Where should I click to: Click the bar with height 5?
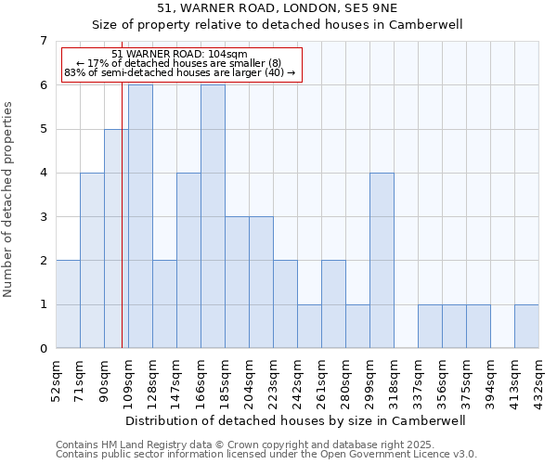point(116,238)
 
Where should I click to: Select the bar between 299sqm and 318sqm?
point(382,260)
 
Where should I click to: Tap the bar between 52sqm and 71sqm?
point(68,304)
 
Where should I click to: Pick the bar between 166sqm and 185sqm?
point(213,216)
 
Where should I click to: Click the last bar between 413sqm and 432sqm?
point(526,326)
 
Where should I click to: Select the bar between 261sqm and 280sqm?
point(333,304)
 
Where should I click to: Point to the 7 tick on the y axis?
point(43,41)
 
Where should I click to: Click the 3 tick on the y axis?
point(43,217)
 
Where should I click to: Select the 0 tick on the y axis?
point(43,349)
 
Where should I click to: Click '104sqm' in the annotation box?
point(228,54)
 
